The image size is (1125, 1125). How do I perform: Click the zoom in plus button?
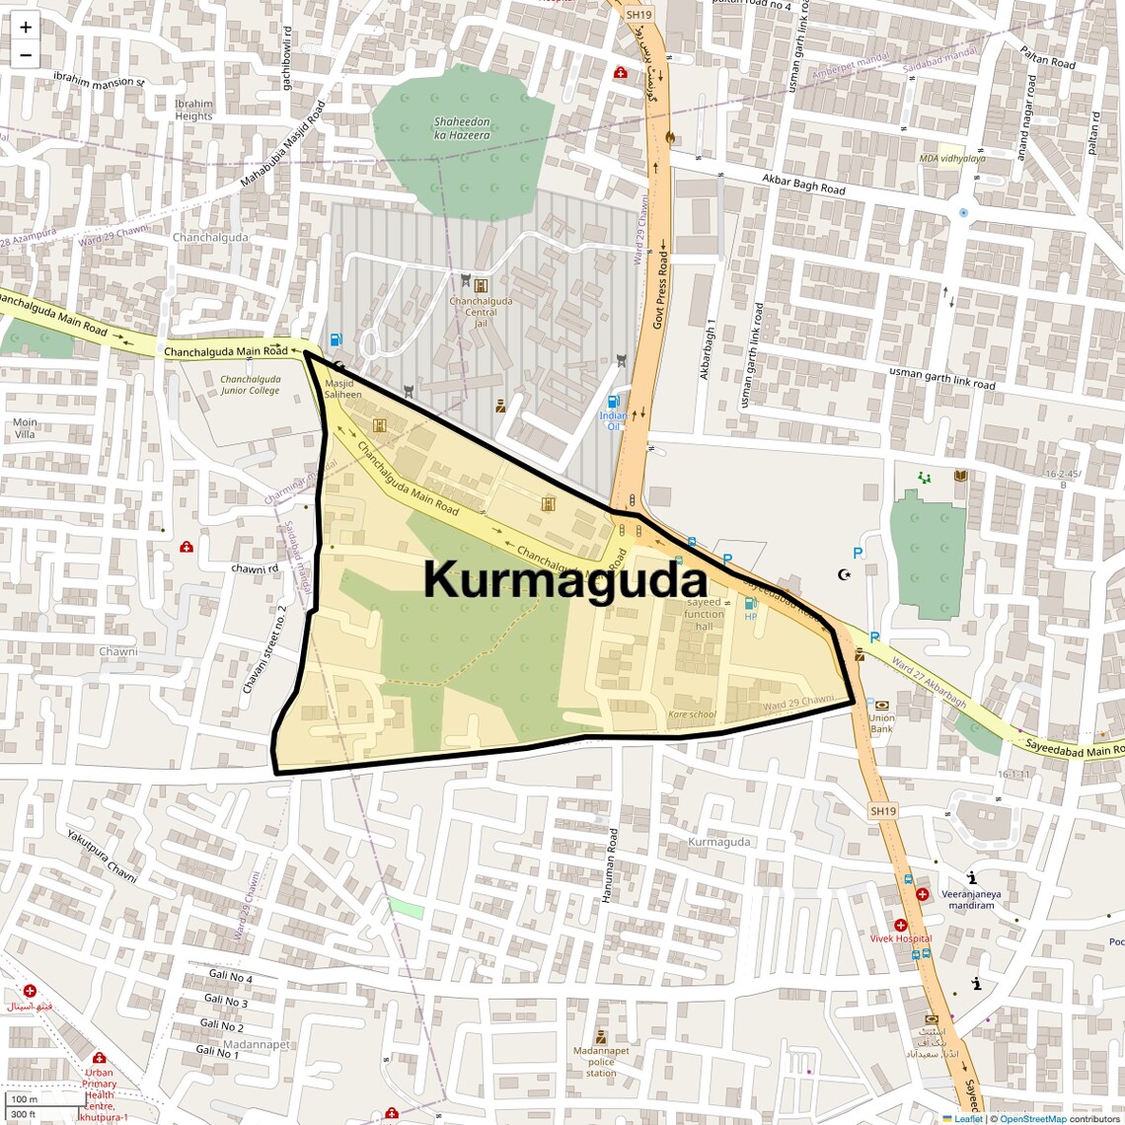[x=26, y=28]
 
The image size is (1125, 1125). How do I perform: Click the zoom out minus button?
[x=26, y=55]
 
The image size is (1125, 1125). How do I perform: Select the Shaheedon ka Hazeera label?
[x=462, y=128]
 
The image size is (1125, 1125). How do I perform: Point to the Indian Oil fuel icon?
[x=613, y=402]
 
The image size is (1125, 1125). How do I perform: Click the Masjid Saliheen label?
[x=342, y=389]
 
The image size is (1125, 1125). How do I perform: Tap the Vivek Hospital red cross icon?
[x=901, y=926]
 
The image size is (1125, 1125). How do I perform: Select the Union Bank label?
[x=881, y=723]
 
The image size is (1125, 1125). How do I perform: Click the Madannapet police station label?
[x=601, y=1062]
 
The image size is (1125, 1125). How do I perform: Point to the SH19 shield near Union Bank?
[x=883, y=811]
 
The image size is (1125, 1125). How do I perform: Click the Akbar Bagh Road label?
[x=803, y=184]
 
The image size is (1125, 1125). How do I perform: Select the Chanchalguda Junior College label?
[x=250, y=385]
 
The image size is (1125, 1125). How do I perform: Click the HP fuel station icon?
[x=750, y=603]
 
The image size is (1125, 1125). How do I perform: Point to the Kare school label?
[x=692, y=714]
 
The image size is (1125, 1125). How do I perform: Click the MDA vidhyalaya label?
[x=951, y=158]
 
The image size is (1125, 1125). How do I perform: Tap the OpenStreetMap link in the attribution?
[x=1032, y=1118]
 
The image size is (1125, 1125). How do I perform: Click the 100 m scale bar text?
[x=24, y=1099]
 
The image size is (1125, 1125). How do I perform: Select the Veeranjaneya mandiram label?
[x=971, y=899]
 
